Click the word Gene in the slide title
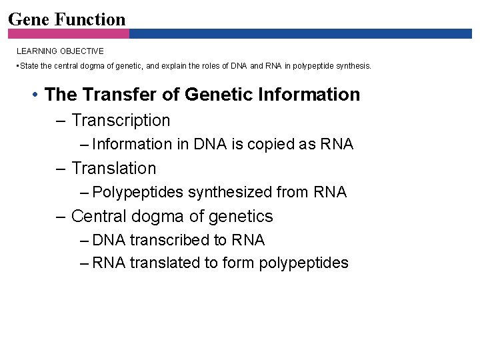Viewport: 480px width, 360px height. [x=29, y=19]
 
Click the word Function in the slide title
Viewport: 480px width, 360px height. [x=90, y=19]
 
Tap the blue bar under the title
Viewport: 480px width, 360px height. [x=300, y=33]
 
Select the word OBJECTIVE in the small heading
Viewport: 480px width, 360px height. [x=82, y=51]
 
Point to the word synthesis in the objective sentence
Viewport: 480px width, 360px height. [x=353, y=66]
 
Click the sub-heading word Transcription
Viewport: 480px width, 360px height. [x=121, y=121]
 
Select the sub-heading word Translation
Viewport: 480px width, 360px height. [x=113, y=169]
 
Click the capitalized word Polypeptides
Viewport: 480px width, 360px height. [x=138, y=193]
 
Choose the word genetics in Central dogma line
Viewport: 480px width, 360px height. [x=241, y=217]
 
